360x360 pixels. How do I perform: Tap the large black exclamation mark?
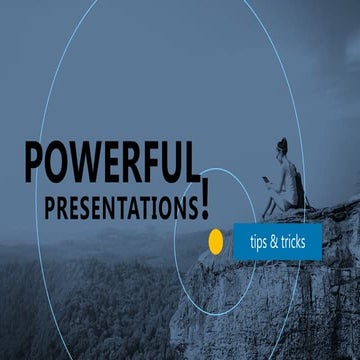click(205, 196)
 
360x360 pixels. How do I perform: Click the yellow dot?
click(215, 241)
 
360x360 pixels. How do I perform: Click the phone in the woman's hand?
click(266, 179)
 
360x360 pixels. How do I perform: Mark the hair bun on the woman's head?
click(284, 141)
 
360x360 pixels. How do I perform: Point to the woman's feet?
click(266, 213)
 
